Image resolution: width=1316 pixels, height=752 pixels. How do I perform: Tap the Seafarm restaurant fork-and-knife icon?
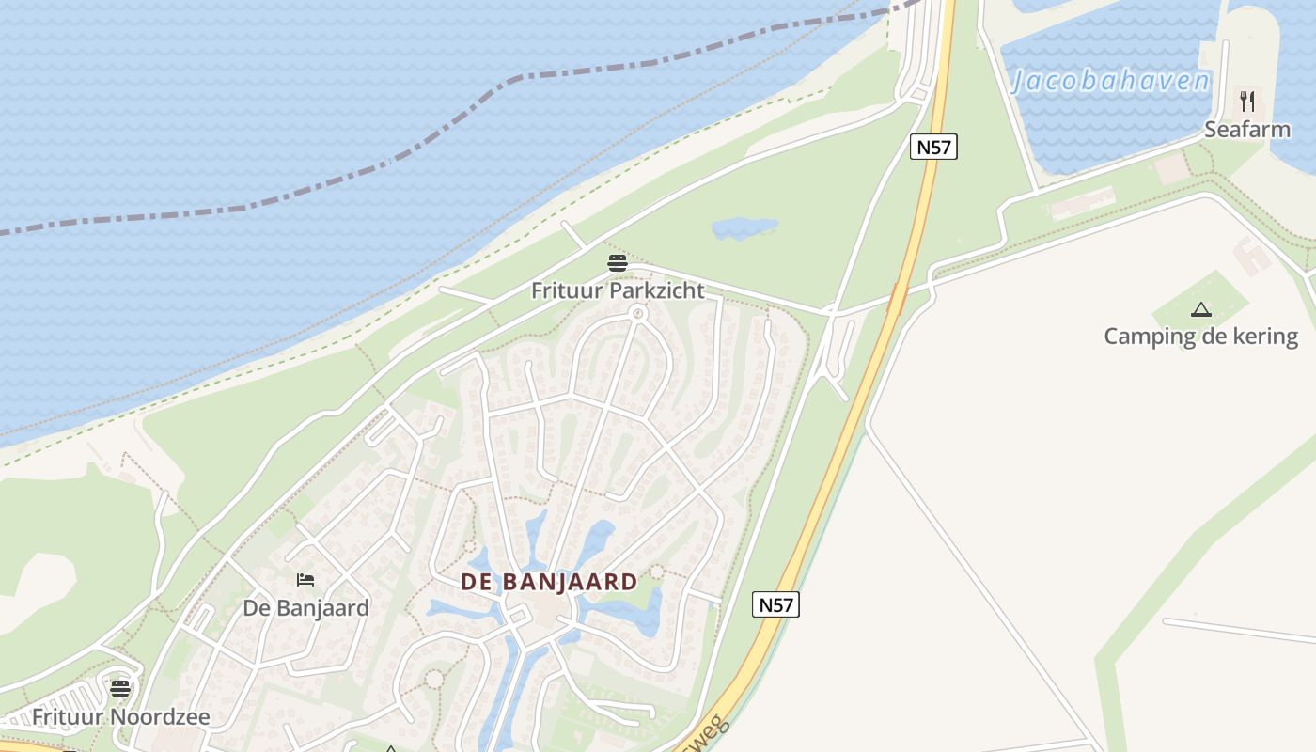(x=1247, y=101)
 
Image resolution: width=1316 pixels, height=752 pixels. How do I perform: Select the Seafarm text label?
(x=1247, y=130)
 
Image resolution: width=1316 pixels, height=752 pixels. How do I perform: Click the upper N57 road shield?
(x=933, y=147)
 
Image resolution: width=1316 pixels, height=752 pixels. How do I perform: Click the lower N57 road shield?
(x=776, y=605)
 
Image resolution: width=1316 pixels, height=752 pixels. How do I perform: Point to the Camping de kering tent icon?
(x=1200, y=309)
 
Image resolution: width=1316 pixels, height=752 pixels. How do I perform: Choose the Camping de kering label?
(x=1200, y=337)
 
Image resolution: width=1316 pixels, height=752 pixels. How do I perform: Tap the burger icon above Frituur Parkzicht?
(x=618, y=263)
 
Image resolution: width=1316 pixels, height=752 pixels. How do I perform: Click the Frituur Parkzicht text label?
(x=618, y=290)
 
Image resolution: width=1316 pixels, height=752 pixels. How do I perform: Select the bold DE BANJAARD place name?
(x=549, y=582)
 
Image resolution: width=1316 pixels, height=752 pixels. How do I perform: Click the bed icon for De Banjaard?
(x=305, y=580)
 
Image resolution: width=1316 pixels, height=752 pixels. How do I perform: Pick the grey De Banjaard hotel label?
(x=305, y=608)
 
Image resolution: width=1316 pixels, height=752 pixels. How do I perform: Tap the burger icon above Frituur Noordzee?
(x=120, y=689)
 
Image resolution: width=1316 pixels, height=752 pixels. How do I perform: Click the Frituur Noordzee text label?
(x=120, y=717)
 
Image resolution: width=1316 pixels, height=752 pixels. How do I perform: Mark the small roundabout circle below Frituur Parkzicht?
(x=638, y=313)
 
